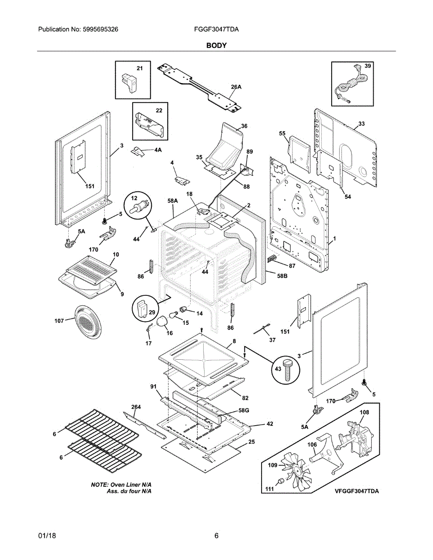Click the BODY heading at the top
216,45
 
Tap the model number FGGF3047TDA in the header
216,29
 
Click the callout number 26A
236,87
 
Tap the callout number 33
362,124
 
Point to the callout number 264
136,407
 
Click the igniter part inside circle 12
139,206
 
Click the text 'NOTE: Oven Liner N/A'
121,485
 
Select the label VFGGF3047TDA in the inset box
356,491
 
